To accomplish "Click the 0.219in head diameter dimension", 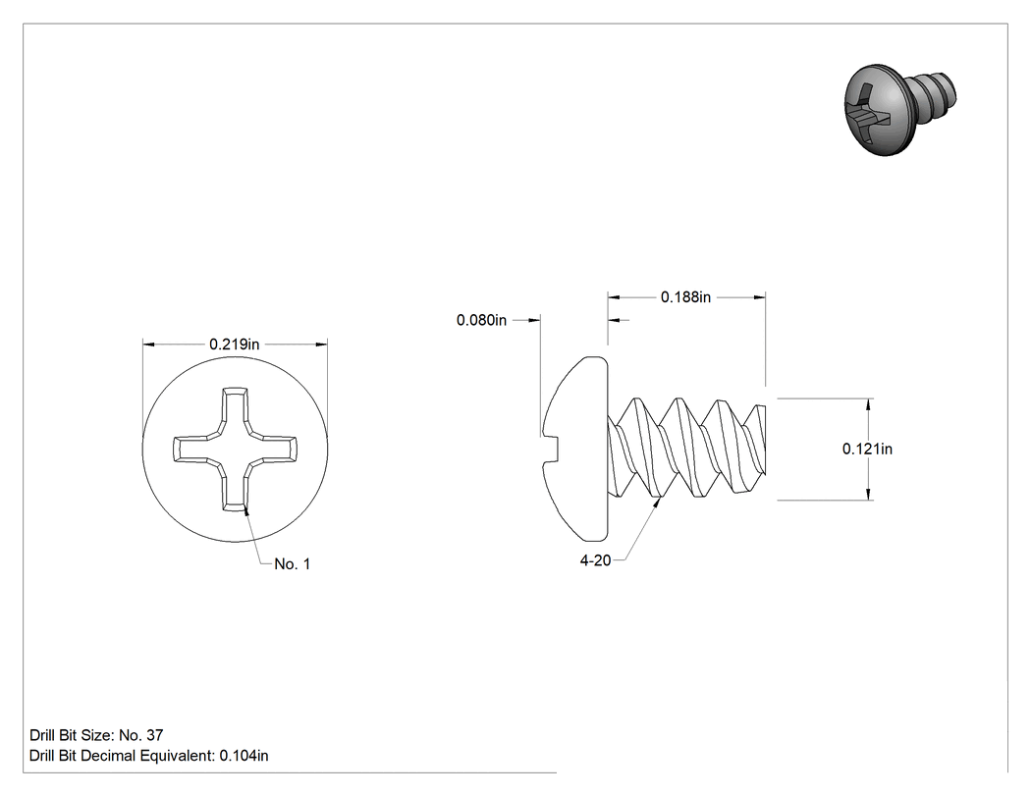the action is [234, 344].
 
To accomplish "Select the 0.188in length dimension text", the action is [685, 297].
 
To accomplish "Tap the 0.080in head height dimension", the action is [481, 320].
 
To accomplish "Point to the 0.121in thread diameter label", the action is [867, 449].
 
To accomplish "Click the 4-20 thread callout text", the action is [595, 560].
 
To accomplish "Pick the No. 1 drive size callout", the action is [292, 564].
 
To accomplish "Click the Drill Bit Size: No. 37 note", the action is [96, 735].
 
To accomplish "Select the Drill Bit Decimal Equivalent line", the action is [148, 756].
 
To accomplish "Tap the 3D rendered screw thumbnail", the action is [899, 110].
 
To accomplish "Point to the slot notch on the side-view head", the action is [550, 450].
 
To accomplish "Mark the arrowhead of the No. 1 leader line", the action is [246, 511].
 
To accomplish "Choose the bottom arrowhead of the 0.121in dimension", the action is [869, 494].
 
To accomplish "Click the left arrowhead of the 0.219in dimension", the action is [149, 344].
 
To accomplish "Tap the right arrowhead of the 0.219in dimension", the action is [321, 344].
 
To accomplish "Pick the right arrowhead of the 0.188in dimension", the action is [759, 297].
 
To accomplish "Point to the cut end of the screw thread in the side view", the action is [763, 439].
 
